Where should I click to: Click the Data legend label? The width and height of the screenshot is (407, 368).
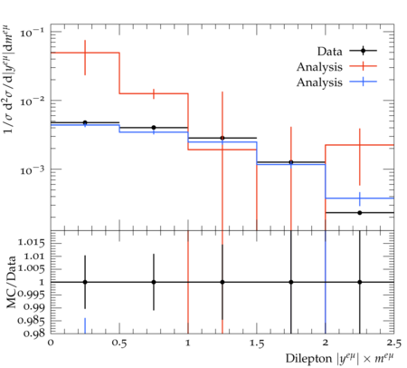tap(329, 52)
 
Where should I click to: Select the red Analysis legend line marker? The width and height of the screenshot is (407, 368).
tap(364, 66)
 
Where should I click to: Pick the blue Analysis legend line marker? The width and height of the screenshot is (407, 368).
tap(364, 82)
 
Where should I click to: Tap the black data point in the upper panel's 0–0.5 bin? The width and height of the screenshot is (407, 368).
tap(85, 122)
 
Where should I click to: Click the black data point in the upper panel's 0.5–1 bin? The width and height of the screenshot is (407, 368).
tap(154, 128)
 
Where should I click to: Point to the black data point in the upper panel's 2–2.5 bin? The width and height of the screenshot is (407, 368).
tap(360, 213)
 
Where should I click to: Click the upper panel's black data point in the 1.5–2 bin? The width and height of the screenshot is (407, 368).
tap(291, 162)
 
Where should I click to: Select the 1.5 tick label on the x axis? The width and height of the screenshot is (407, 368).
tap(257, 344)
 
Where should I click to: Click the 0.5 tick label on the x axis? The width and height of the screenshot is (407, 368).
tap(119, 344)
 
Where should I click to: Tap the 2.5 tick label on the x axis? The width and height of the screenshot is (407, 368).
tap(394, 344)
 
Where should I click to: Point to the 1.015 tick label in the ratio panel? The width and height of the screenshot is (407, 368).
tap(32, 242)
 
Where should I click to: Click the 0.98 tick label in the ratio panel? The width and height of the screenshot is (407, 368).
tap(34, 334)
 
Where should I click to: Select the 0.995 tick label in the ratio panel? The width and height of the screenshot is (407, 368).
tap(31, 295)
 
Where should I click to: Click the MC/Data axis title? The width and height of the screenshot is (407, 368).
tap(11, 282)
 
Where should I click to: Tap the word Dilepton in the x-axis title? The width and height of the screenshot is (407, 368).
tap(308, 359)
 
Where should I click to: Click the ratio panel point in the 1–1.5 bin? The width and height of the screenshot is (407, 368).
tap(222, 282)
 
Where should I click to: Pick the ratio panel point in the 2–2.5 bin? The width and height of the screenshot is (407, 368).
tap(360, 282)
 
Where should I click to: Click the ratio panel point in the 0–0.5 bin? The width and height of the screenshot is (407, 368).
tap(85, 282)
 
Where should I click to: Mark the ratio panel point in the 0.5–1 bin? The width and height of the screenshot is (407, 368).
tap(154, 282)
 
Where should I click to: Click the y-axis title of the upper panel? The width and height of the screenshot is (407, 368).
tap(8, 79)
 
